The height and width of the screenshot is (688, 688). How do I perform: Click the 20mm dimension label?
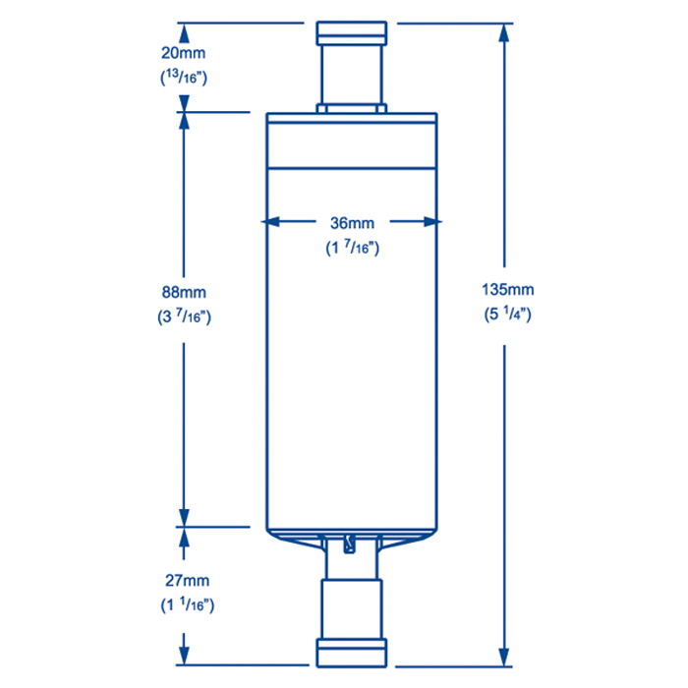coord(185,53)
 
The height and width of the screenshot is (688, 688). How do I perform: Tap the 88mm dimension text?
coord(185,293)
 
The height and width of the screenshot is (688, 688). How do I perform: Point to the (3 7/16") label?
coord(185,316)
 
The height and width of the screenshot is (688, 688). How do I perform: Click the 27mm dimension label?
coord(185,581)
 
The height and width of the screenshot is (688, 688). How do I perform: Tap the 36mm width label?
coord(353,223)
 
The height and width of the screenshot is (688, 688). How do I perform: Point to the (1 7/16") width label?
coord(353,248)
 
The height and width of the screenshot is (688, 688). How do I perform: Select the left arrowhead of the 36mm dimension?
coord(276,222)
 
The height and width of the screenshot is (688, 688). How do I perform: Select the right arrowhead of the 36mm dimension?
coord(430,222)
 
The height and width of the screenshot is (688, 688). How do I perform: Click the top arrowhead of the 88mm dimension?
coord(184,121)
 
